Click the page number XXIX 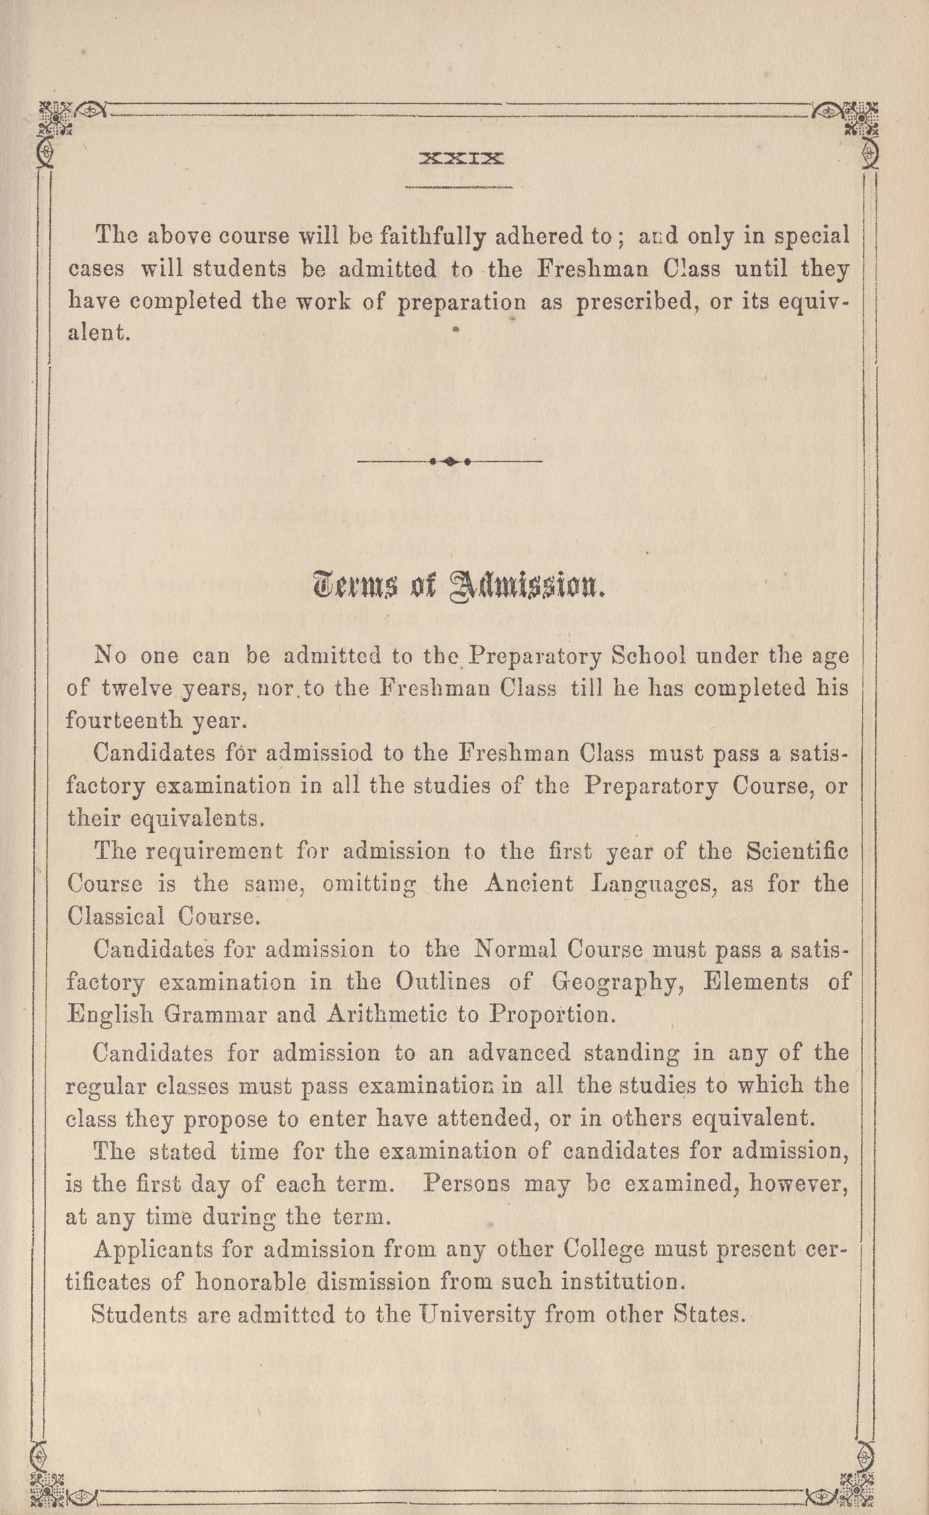[x=460, y=159]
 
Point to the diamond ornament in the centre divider [x=450, y=462]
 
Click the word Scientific [x=797, y=852]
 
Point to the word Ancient [x=529, y=884]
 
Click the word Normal [x=515, y=950]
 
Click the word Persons [x=466, y=1183]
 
